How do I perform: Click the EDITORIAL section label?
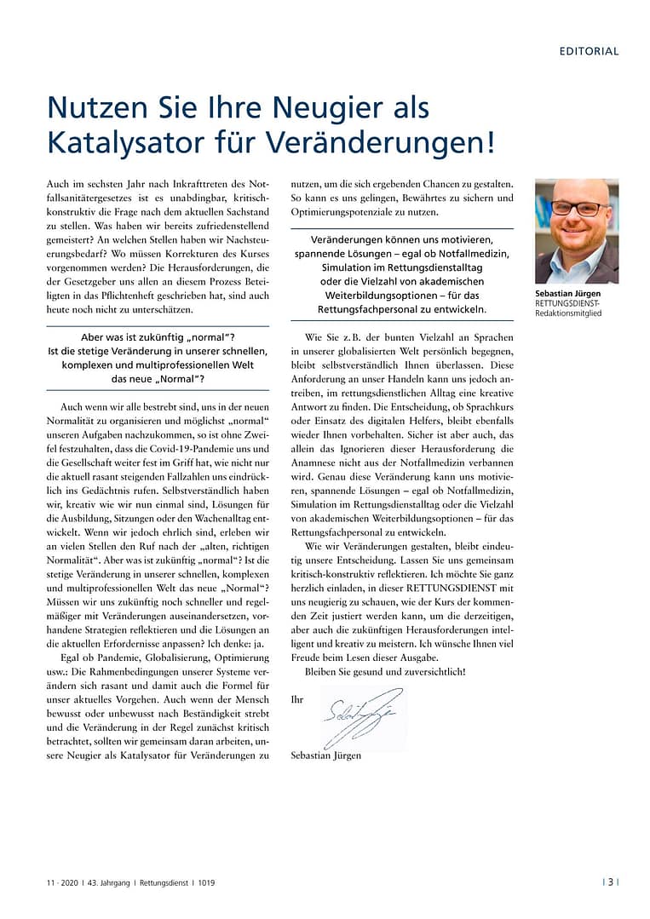point(589,51)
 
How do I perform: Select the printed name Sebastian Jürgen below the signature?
point(326,755)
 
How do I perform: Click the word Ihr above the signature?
point(296,699)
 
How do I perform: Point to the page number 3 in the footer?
point(610,882)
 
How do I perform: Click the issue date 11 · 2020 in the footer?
point(61,882)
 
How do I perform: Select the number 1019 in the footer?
point(205,882)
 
